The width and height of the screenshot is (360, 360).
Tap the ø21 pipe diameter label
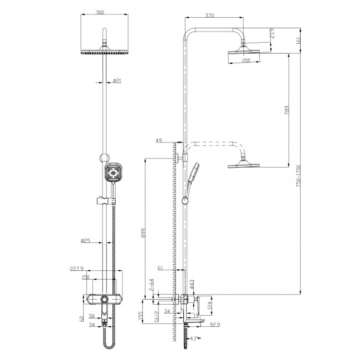[x=117, y=81]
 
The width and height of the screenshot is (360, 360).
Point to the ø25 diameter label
[x=86, y=241]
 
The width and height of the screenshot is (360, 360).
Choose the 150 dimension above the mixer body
[x=86, y=277]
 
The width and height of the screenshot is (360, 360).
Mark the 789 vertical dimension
[x=285, y=110]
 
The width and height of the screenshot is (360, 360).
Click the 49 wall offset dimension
[x=159, y=141]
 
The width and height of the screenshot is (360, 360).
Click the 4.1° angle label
[x=193, y=338]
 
